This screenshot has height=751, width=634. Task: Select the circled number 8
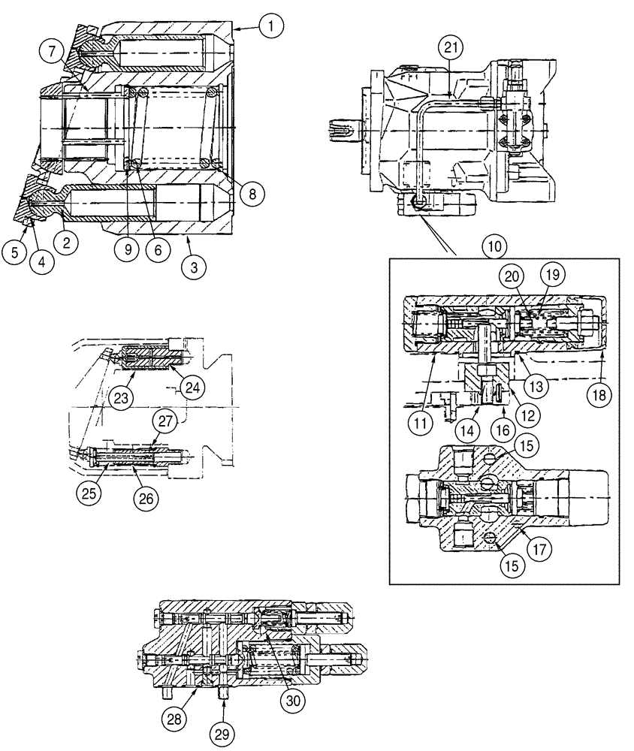point(252,193)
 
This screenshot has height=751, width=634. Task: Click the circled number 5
point(14,253)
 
